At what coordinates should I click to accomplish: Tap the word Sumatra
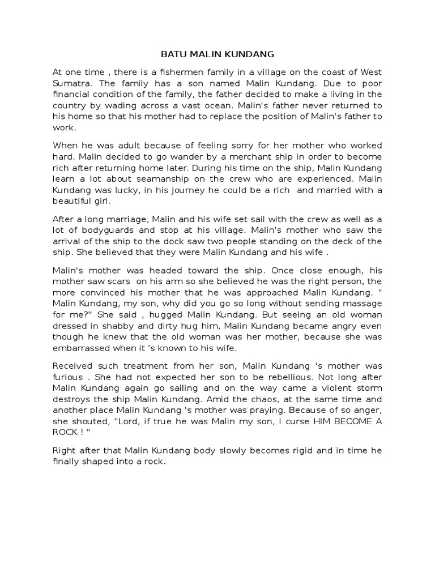click(x=70, y=83)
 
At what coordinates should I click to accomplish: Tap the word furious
click(x=67, y=377)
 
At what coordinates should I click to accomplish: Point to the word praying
click(x=287, y=411)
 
